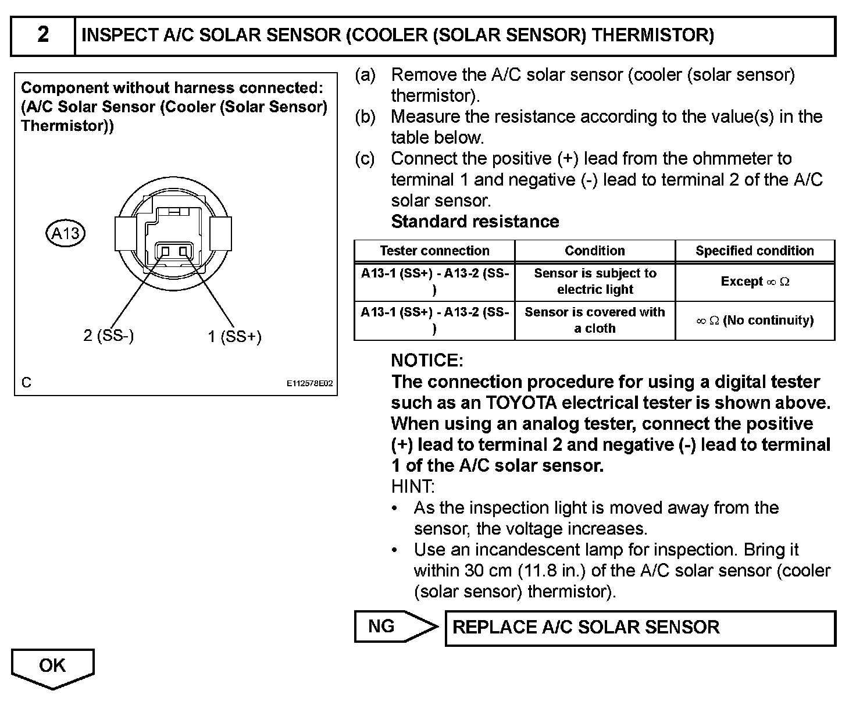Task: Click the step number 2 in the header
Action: pos(43,35)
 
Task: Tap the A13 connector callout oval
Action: pos(65,234)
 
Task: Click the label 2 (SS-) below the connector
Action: pos(109,335)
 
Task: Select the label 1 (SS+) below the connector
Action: pos(235,336)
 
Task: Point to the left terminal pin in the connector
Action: pos(165,251)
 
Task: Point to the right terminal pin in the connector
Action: pos(184,251)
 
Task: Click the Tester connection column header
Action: pos(434,251)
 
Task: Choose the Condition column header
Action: pos(594,251)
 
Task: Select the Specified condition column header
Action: pos(754,251)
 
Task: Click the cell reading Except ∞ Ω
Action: pos(755,282)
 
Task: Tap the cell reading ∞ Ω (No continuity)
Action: pos(755,321)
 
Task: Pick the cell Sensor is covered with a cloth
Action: pos(594,320)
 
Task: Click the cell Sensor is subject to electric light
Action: pos(594,282)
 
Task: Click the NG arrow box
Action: pos(390,626)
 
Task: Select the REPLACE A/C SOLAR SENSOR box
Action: pos(640,628)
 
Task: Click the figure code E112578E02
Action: pos(310,384)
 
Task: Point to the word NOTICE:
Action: pos(427,361)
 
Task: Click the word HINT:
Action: pos(412,486)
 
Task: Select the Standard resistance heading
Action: pos(475,222)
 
